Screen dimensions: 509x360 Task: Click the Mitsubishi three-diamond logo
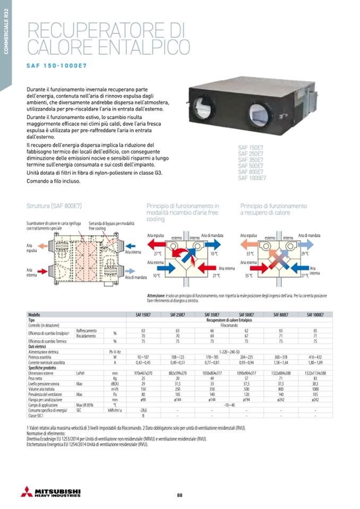(26, 491)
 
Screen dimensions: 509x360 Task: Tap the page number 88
(179, 495)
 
